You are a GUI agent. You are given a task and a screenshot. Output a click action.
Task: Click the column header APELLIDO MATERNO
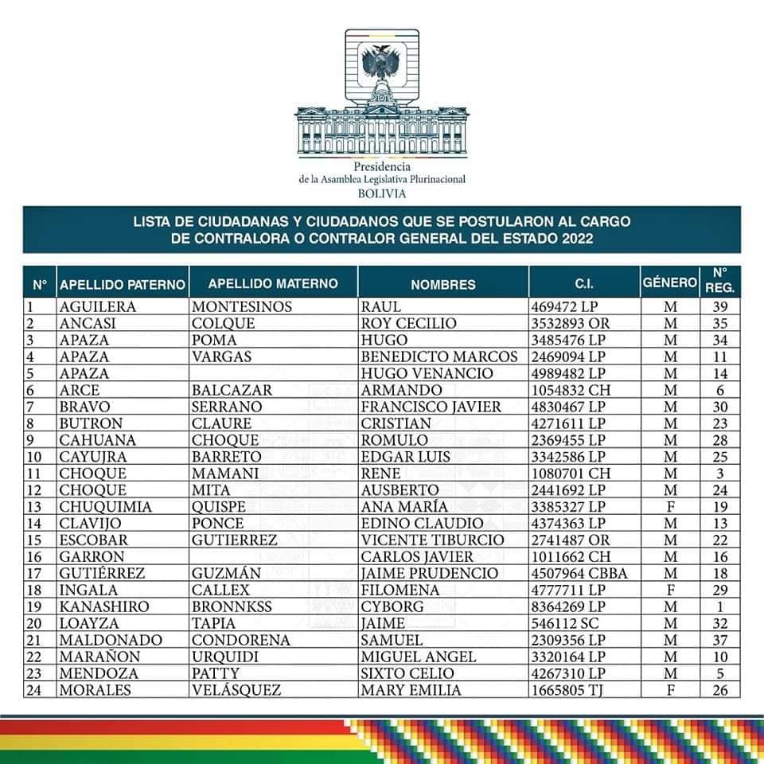(x=273, y=283)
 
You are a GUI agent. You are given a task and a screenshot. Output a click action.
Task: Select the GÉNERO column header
(x=669, y=283)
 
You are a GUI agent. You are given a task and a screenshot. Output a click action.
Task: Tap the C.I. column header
(x=584, y=284)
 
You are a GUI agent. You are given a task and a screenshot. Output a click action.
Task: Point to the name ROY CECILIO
(x=409, y=323)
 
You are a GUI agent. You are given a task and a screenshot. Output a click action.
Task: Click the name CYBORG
(x=393, y=606)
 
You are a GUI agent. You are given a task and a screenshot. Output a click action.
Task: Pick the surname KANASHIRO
(x=104, y=606)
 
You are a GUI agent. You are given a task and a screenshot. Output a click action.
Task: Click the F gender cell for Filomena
(x=670, y=590)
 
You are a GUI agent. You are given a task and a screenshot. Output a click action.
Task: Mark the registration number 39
(x=721, y=307)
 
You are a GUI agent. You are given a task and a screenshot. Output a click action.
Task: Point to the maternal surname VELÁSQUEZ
(x=237, y=690)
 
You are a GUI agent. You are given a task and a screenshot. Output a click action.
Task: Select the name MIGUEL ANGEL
(x=419, y=657)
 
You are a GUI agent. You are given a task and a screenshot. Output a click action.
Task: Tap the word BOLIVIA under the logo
(x=382, y=193)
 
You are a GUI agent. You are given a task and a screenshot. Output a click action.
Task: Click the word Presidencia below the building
(x=382, y=167)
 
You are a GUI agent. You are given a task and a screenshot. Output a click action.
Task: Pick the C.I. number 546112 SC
(x=564, y=623)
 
